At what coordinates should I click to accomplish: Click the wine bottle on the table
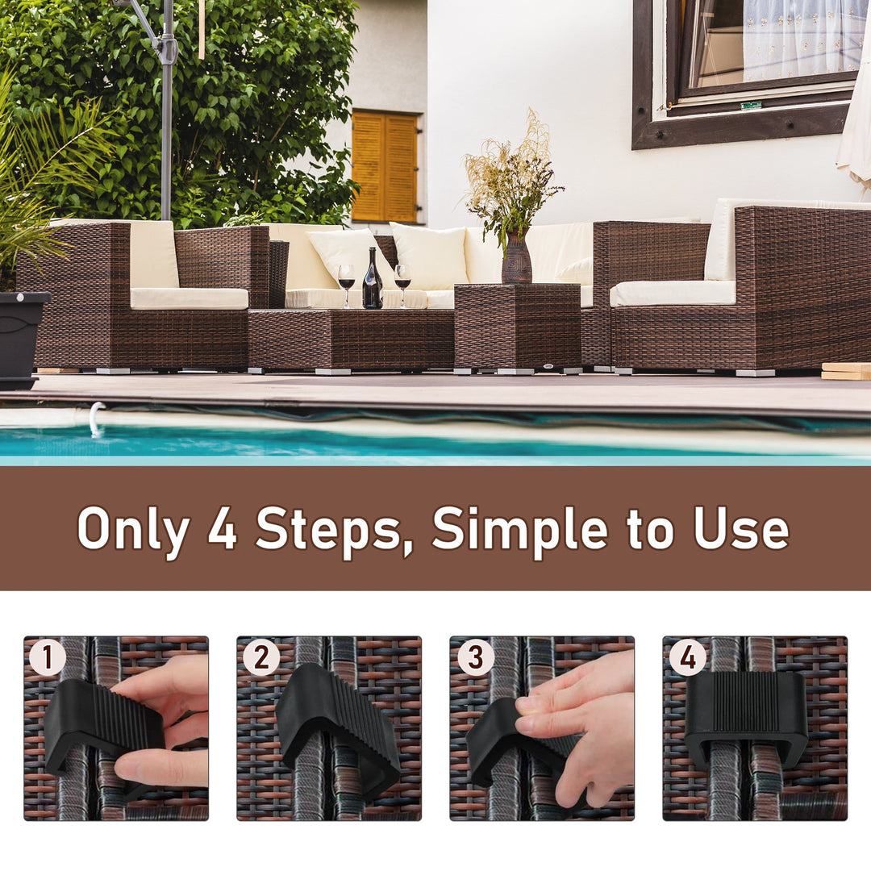(372, 282)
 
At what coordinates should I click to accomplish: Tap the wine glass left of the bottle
(346, 281)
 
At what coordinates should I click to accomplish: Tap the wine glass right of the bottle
(402, 281)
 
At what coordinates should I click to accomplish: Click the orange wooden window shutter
(385, 167)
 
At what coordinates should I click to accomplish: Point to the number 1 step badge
(47, 657)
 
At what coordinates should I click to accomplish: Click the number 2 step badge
(260, 657)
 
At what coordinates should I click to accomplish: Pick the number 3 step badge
(475, 657)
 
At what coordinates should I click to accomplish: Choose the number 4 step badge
(687, 657)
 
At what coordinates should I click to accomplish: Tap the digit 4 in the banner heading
(222, 529)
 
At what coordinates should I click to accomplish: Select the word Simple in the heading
(519, 530)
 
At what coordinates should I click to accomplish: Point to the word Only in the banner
(133, 530)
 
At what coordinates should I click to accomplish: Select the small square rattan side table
(517, 326)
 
